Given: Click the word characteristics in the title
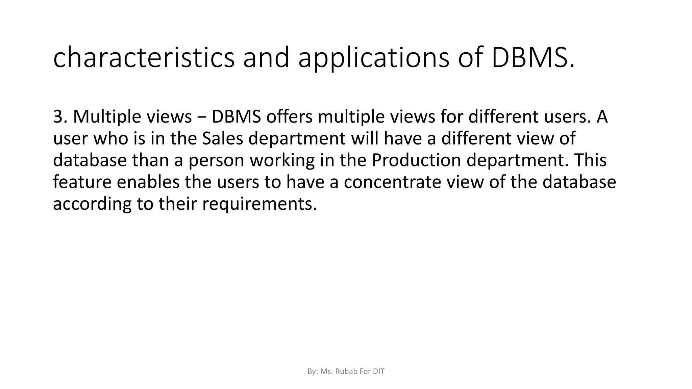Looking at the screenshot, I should click(x=144, y=58).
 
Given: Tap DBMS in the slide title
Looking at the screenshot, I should click(x=533, y=58).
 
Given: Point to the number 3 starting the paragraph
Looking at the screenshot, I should click(x=58, y=116).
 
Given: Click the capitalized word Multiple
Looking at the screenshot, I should click(x=107, y=116).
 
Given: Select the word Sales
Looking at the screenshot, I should click(x=222, y=138).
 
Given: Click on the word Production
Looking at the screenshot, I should click(x=416, y=160).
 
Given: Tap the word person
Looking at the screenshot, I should click(x=216, y=161).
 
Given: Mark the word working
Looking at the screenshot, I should click(x=282, y=161).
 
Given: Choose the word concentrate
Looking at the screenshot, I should click(x=393, y=182).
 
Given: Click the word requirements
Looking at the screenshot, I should click(x=259, y=204).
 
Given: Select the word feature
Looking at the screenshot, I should click(x=82, y=182).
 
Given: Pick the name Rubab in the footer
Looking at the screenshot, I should click(x=346, y=372).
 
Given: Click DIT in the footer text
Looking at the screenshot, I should click(x=378, y=372).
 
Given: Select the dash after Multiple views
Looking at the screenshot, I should click(x=201, y=117).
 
